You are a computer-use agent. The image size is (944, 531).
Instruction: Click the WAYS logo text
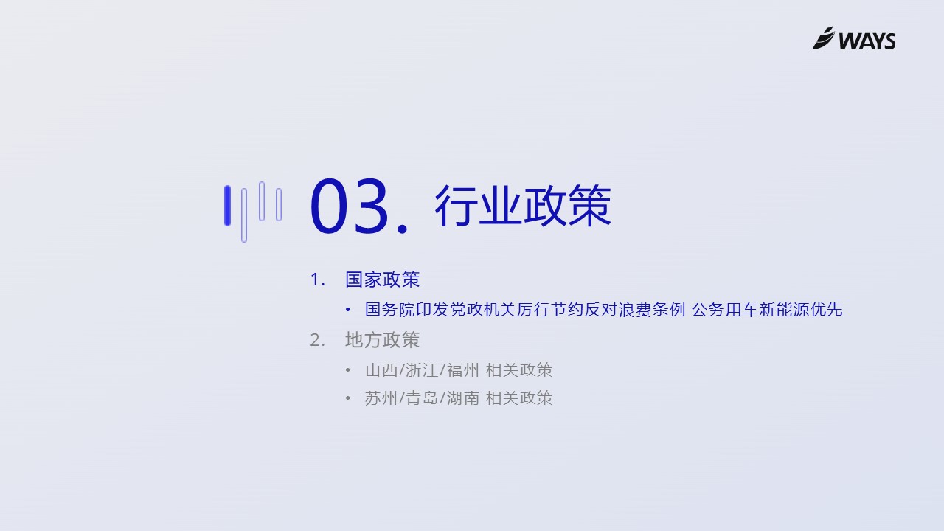(867, 41)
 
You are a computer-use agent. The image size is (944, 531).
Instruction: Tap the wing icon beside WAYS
(823, 38)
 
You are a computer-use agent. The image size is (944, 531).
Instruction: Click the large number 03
(349, 206)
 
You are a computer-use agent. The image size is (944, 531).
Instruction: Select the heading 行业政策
(523, 206)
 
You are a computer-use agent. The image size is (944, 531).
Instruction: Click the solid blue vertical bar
(228, 206)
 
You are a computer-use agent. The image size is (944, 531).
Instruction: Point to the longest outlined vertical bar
(244, 215)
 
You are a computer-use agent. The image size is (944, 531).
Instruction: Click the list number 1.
(317, 280)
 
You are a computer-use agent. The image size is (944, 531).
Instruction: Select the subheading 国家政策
(382, 280)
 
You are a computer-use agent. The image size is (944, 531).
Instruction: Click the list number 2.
(317, 341)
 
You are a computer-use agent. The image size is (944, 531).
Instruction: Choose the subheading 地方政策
(382, 340)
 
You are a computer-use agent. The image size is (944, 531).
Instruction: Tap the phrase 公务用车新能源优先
(767, 310)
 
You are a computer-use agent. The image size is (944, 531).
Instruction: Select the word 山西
(381, 370)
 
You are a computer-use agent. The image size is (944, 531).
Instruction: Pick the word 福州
(462, 370)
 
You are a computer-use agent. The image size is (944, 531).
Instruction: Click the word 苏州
(381, 398)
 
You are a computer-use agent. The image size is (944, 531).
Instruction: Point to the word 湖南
(462, 398)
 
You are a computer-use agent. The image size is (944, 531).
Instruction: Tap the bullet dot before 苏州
(347, 398)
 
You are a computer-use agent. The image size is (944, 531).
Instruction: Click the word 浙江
(422, 370)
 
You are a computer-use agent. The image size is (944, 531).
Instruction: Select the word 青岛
(422, 398)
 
